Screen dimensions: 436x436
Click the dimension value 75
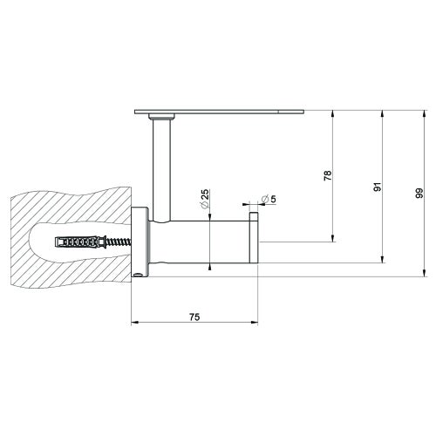tap(194, 317)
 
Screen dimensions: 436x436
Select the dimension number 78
tap(328, 175)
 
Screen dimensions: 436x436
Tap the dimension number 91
tap(376, 187)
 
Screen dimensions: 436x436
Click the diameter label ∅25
tap(203, 200)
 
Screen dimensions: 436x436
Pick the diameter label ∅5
tap(268, 200)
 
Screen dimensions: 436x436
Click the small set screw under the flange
tap(142, 278)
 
